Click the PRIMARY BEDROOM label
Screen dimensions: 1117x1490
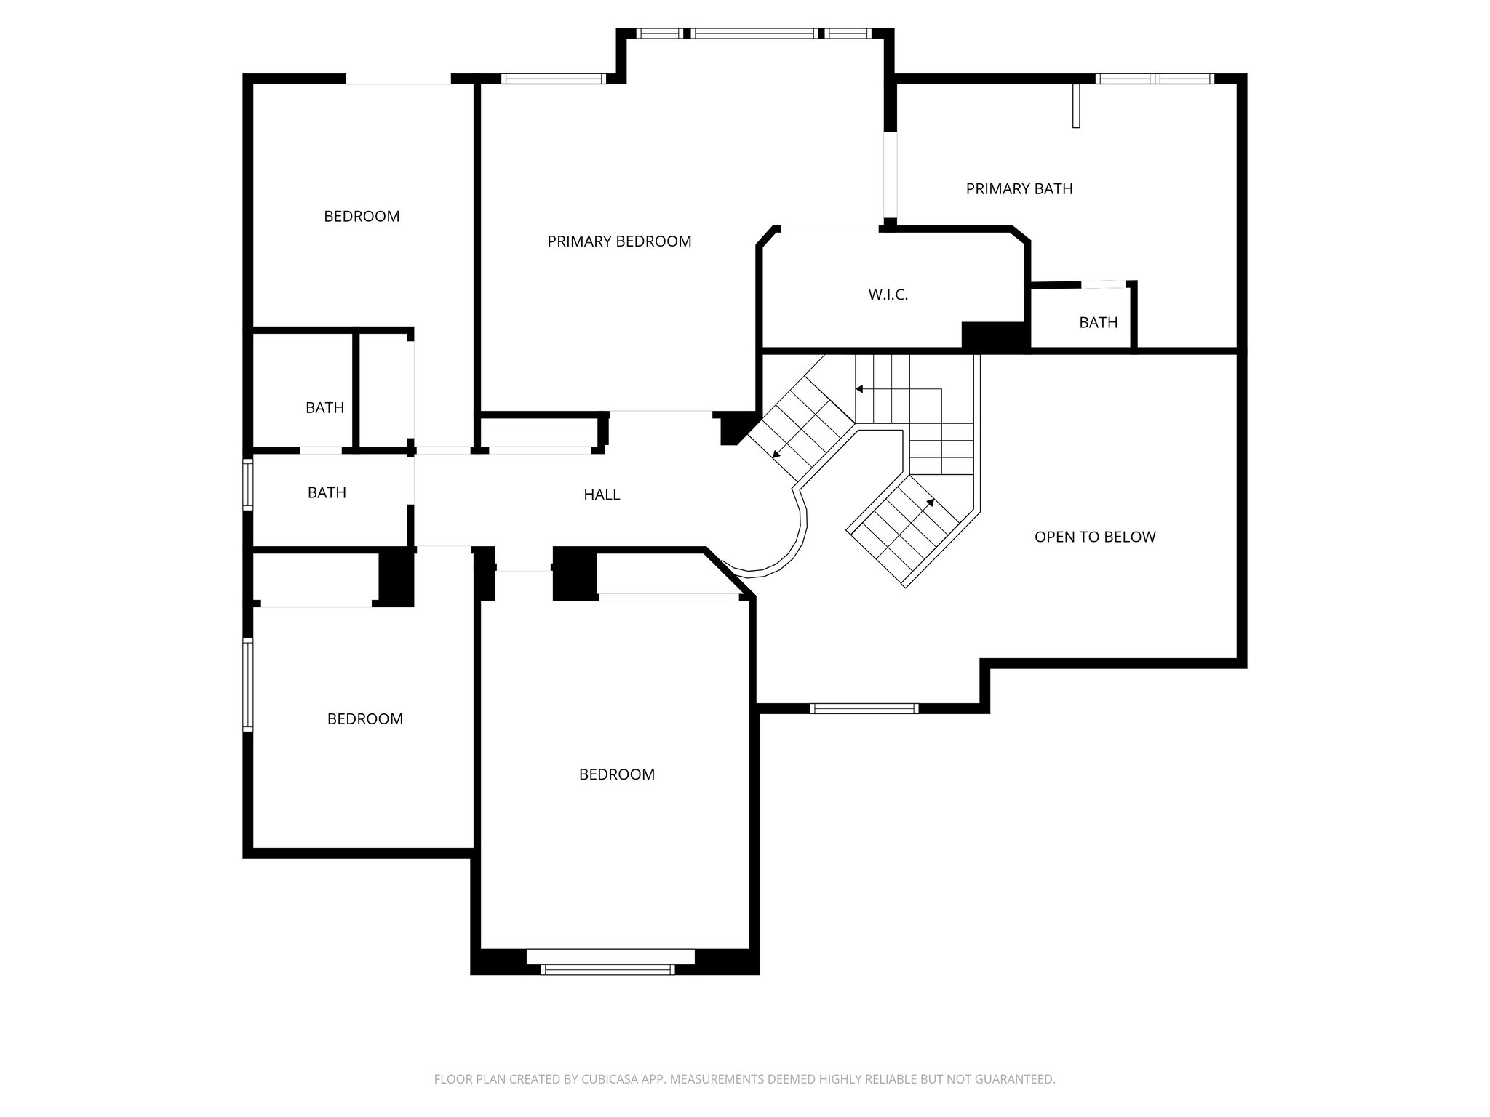point(619,241)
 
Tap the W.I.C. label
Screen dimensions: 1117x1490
point(888,295)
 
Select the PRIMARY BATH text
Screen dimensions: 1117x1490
point(1019,189)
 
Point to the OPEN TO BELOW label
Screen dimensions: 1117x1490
point(1094,537)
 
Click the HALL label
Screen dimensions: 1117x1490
point(602,495)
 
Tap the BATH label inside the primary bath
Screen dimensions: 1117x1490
point(1098,322)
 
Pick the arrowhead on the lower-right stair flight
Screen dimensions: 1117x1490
point(931,502)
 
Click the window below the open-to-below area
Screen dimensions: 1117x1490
point(864,708)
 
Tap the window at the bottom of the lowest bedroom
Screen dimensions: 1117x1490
point(607,969)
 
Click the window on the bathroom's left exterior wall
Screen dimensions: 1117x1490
point(248,484)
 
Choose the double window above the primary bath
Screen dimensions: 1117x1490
point(1155,79)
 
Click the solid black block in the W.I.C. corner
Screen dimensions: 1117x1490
point(993,335)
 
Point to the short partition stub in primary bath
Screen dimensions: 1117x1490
point(1076,106)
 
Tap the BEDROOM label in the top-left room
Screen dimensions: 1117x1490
point(362,217)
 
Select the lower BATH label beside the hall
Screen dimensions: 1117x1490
point(327,493)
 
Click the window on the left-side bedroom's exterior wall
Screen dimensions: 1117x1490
point(248,684)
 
